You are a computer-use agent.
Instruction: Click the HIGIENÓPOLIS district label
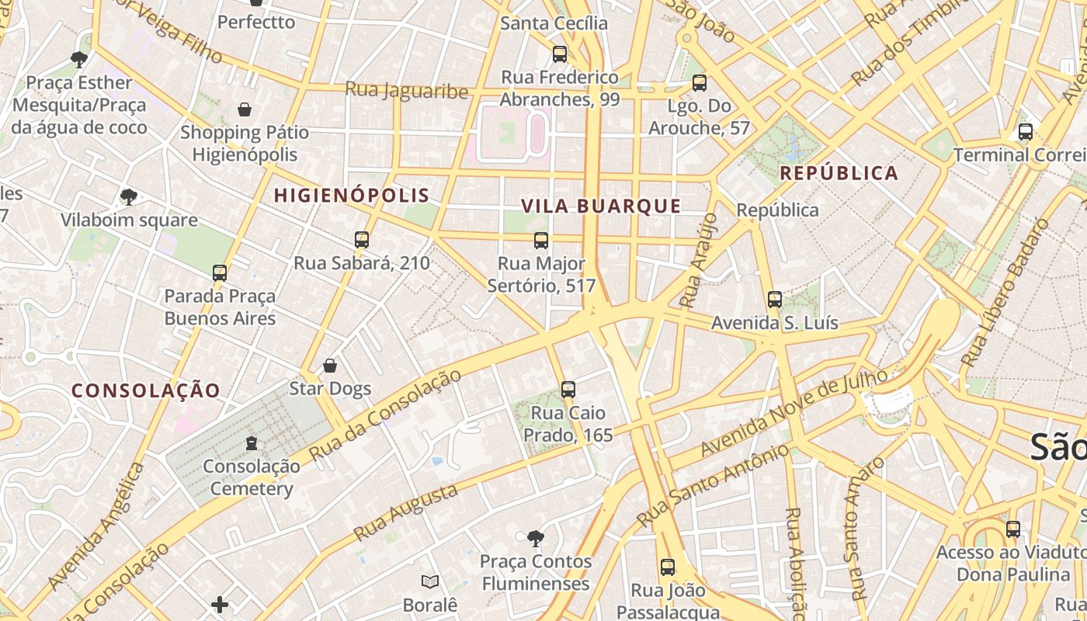tap(351, 195)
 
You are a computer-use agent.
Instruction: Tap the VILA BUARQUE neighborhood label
tap(600, 206)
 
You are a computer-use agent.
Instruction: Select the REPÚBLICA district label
tap(839, 173)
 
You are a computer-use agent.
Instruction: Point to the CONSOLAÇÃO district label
tap(147, 390)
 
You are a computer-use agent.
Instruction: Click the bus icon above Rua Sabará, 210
tap(362, 240)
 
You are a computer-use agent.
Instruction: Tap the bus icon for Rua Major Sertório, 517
tap(541, 241)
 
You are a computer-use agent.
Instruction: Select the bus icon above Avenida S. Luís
tap(774, 300)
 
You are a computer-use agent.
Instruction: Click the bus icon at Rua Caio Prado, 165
tap(568, 390)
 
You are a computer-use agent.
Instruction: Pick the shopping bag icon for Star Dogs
tap(330, 366)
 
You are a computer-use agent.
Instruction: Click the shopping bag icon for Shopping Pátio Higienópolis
tap(245, 109)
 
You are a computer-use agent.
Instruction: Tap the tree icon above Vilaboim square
tap(129, 197)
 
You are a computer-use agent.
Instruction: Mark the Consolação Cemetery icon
tap(251, 443)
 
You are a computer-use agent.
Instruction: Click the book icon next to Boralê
tap(430, 581)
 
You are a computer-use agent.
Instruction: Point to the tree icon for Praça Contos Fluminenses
tap(535, 538)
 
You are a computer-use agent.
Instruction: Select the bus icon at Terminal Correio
tap(1026, 132)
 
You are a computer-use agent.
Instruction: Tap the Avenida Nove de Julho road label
tap(794, 414)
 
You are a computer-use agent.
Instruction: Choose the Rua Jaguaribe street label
tap(407, 91)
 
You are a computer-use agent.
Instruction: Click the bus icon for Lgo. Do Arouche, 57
tap(700, 83)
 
